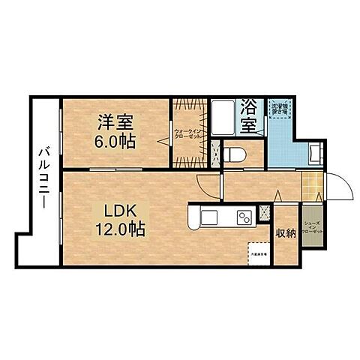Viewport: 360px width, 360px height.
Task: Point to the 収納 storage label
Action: (286, 233)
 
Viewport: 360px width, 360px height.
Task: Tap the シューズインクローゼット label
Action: (313, 227)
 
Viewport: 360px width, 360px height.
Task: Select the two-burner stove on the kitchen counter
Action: (246, 218)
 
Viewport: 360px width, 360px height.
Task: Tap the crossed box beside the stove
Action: (265, 213)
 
